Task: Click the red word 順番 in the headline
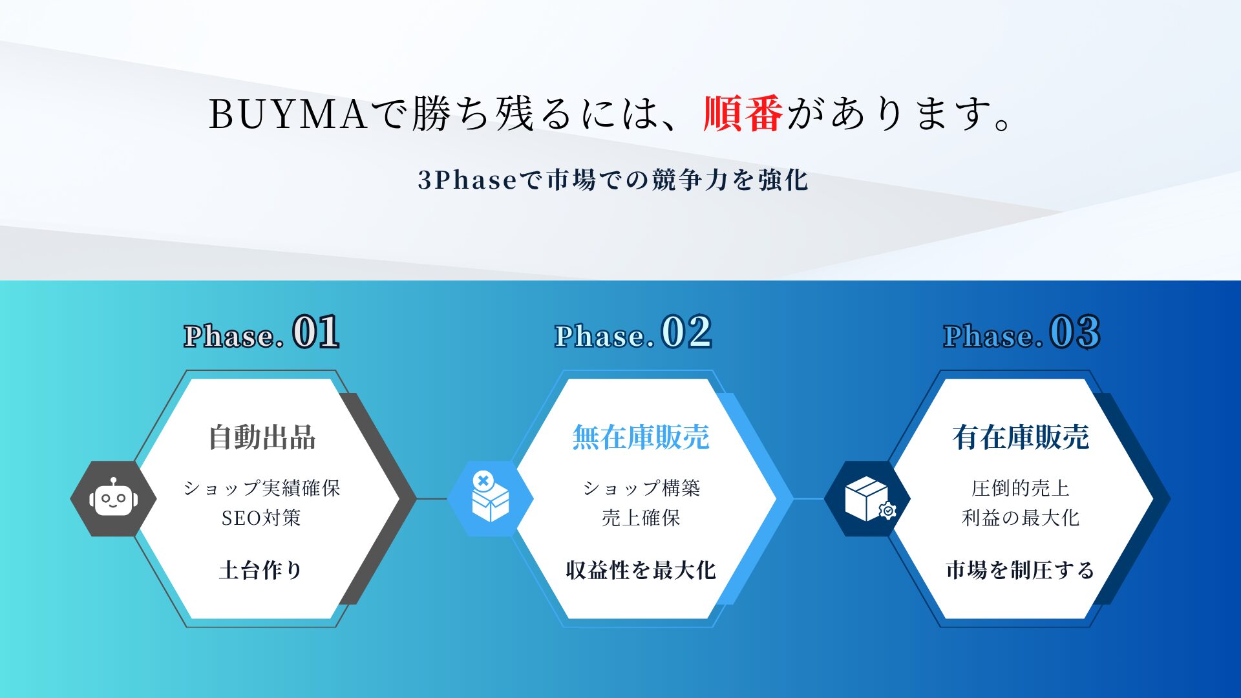[x=743, y=114]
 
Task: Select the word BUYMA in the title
[x=288, y=114]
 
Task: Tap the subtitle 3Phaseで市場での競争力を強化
[x=613, y=180]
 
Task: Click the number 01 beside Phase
[x=315, y=332]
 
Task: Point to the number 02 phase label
[x=686, y=332]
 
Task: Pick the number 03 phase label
[x=1074, y=332]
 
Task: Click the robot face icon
[x=113, y=498]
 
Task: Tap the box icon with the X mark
[x=490, y=496]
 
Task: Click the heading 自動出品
[x=262, y=438]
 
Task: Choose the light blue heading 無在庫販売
[x=641, y=438]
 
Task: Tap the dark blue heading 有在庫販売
[x=1021, y=438]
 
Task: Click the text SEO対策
[x=261, y=518]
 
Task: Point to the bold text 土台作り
[x=261, y=570]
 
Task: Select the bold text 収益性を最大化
[x=641, y=570]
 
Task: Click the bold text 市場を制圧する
[x=1020, y=570]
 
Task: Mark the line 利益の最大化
[x=1021, y=518]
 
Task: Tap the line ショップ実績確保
[x=262, y=488]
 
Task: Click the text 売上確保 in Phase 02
[x=641, y=518]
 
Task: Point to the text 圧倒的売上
[x=1021, y=488]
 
